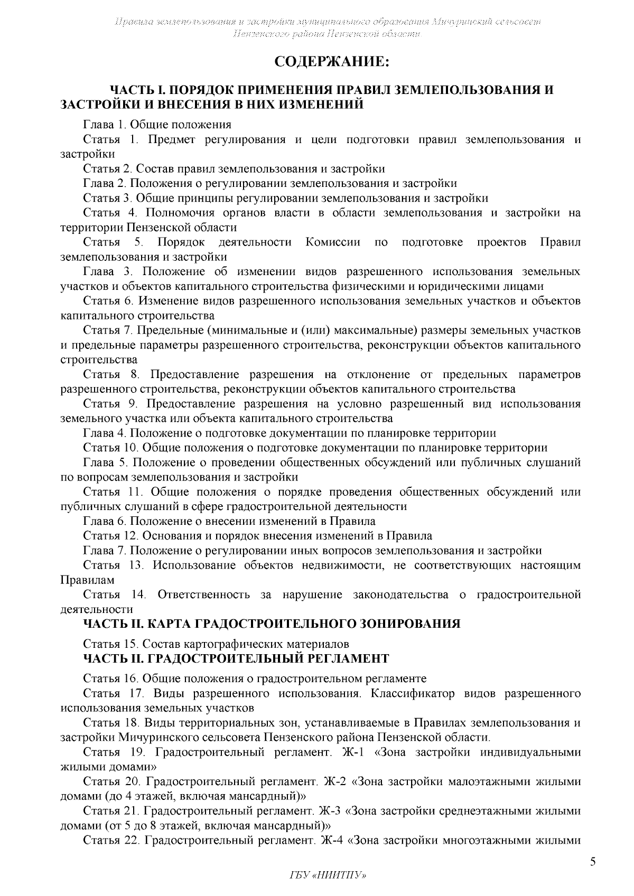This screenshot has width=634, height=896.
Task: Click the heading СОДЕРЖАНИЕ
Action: pyautogui.click(x=332, y=63)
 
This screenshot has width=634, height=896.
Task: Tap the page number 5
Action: pyautogui.click(x=593, y=863)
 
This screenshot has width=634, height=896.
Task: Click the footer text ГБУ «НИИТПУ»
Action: pyautogui.click(x=328, y=875)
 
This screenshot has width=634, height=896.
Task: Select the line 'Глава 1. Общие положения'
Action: pyautogui.click(x=157, y=125)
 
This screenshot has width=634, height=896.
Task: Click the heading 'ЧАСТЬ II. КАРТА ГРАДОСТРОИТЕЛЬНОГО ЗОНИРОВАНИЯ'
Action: pyautogui.click(x=272, y=624)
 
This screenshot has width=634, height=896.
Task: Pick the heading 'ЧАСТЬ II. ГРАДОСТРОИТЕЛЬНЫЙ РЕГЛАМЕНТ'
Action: pyautogui.click(x=236, y=659)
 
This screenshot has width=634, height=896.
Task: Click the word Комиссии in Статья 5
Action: pyautogui.click(x=333, y=242)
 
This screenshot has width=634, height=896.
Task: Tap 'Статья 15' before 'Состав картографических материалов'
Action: pyautogui.click(x=110, y=645)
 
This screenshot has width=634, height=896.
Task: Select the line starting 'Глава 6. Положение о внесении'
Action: pyautogui.click(x=230, y=521)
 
